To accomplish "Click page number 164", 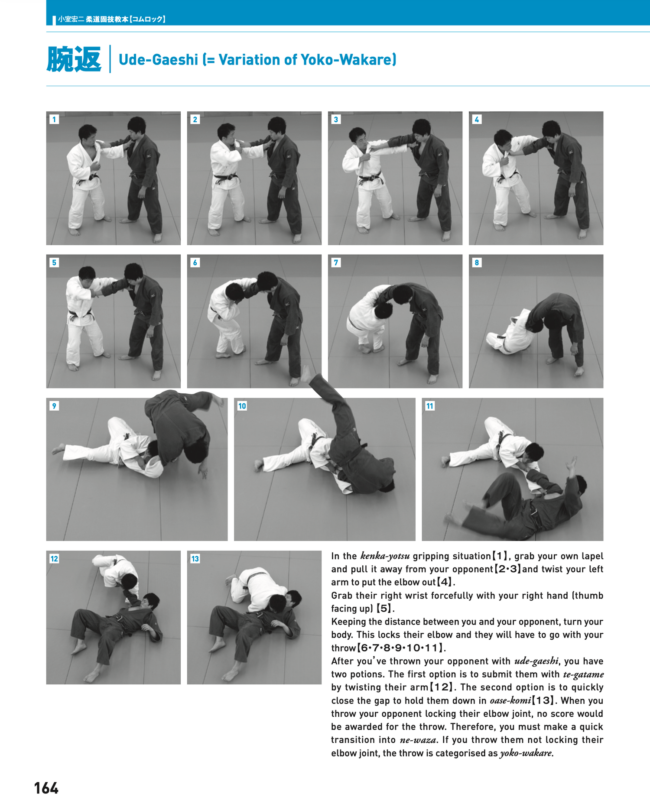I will click(46, 788).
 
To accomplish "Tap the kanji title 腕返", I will click(74, 59).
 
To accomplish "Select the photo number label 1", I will click(54, 120).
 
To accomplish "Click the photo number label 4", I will click(477, 120).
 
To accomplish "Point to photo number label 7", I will click(336, 262).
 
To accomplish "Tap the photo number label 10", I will click(242, 406).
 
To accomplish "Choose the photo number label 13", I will click(195, 559).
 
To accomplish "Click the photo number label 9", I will click(54, 406).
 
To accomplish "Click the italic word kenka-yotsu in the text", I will click(385, 556).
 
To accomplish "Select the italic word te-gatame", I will click(583, 674).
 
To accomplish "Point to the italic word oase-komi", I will click(510, 701).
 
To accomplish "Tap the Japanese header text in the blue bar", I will click(111, 19).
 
